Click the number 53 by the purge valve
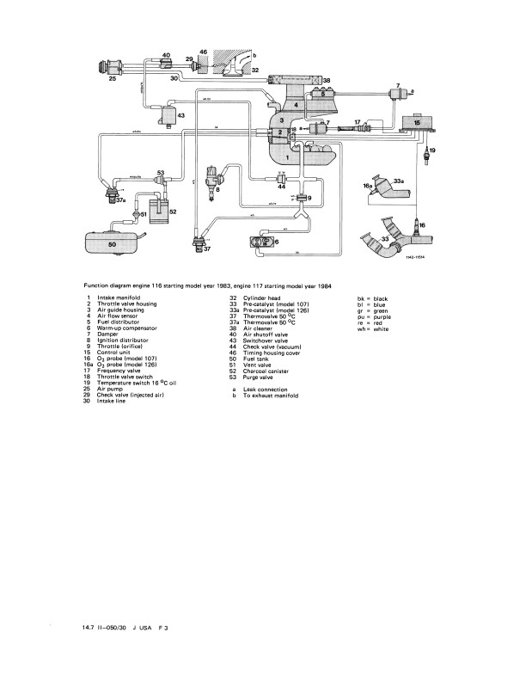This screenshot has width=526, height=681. [162, 173]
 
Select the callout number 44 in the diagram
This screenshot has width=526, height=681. [281, 186]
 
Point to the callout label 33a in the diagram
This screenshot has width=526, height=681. [398, 181]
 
